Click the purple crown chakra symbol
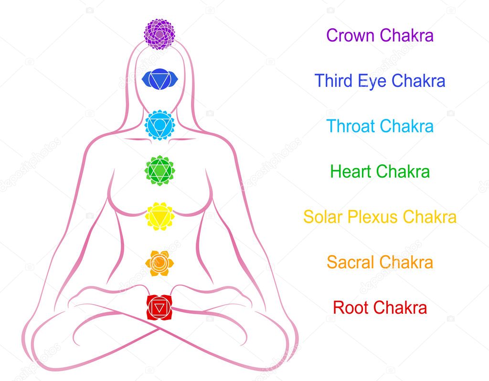[x=159, y=34]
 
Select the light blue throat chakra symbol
[x=159, y=125]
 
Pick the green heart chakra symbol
[x=159, y=170]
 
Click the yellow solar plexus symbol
[x=159, y=216]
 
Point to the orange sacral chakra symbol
[x=159, y=263]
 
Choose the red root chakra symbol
[x=159, y=308]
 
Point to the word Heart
[x=351, y=171]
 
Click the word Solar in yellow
[x=323, y=217]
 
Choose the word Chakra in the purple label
[x=407, y=35]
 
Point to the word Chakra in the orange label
[x=406, y=262]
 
